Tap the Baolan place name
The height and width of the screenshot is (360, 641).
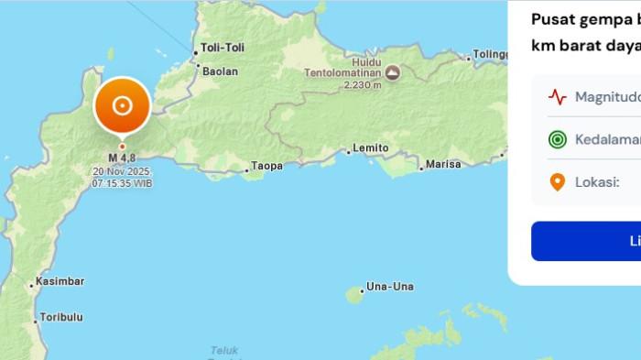220,71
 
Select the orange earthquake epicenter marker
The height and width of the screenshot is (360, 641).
122,105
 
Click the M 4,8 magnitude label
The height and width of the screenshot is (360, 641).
122,158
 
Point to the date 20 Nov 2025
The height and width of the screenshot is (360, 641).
122,171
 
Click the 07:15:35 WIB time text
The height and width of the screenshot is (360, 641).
122,183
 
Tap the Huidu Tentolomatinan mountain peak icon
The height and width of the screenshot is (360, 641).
392,71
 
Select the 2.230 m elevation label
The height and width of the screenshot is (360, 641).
363,85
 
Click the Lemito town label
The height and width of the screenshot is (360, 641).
371,147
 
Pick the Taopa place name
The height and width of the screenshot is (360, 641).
266,166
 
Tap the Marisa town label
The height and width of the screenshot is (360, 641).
444,165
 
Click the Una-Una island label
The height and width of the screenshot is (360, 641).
389,286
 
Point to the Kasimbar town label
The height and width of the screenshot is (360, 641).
60,280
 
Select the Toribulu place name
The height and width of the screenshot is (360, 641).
60,317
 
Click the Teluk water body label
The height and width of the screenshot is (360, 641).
224,350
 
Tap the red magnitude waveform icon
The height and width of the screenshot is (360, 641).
557,96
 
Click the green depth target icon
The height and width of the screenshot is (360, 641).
557,139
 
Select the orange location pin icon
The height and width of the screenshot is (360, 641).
557,182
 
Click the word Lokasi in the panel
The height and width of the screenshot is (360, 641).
597,182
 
